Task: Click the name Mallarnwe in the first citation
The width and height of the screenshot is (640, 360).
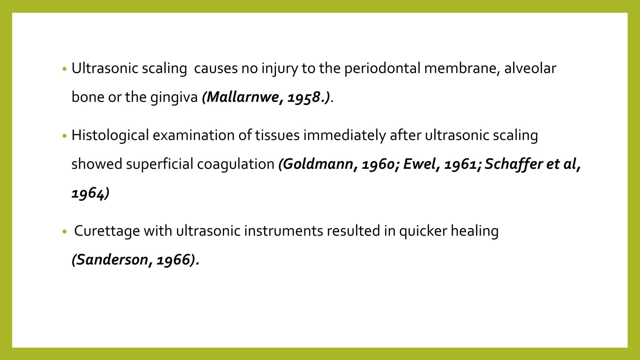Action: tap(243, 97)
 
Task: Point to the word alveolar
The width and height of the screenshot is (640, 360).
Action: tap(530, 68)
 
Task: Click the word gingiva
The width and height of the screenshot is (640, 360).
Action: tap(174, 97)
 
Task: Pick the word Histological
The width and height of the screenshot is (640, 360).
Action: tap(110, 135)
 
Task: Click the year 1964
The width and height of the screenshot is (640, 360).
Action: tap(88, 193)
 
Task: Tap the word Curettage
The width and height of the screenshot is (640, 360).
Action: tap(107, 231)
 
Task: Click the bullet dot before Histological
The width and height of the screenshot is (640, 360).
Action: tap(65, 136)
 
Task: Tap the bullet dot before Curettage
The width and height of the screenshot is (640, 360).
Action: tap(65, 232)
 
